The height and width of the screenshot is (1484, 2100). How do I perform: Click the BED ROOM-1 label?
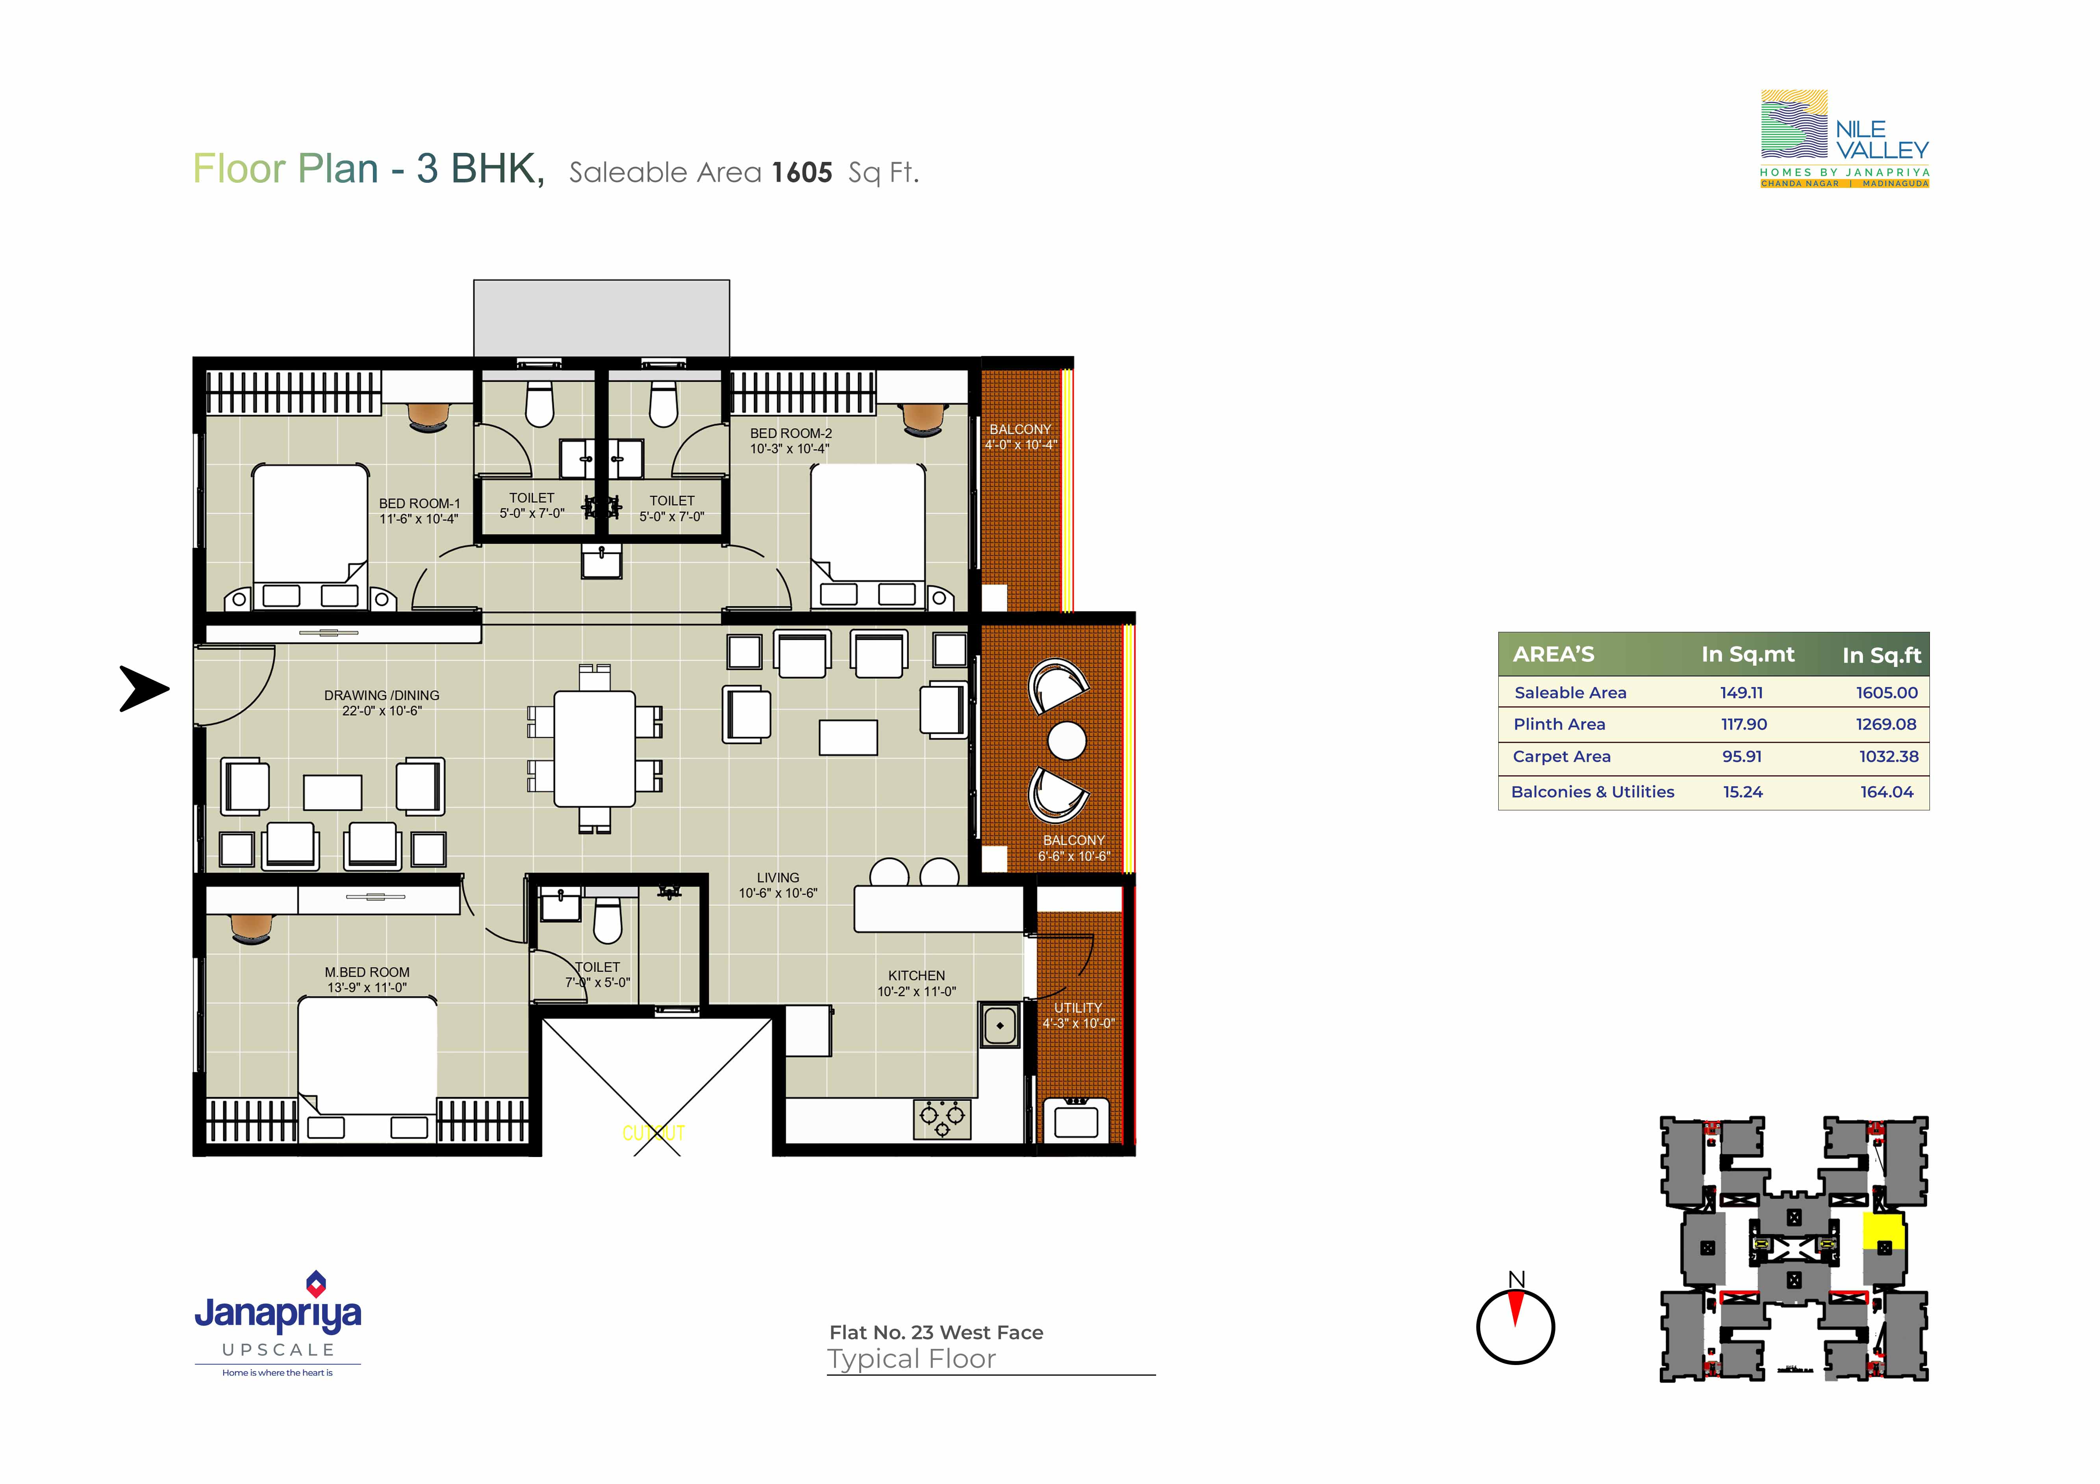click(x=420, y=503)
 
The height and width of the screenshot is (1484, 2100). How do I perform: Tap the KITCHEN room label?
click(x=916, y=975)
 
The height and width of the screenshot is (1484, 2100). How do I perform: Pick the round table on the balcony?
click(x=1066, y=740)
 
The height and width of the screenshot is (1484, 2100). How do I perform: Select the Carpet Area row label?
click(x=1561, y=757)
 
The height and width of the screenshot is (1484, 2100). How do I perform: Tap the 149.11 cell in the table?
click(x=1741, y=693)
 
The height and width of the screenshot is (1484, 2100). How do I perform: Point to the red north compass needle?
click(x=1516, y=1308)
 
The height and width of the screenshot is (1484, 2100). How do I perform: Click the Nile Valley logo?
click(x=1845, y=139)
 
